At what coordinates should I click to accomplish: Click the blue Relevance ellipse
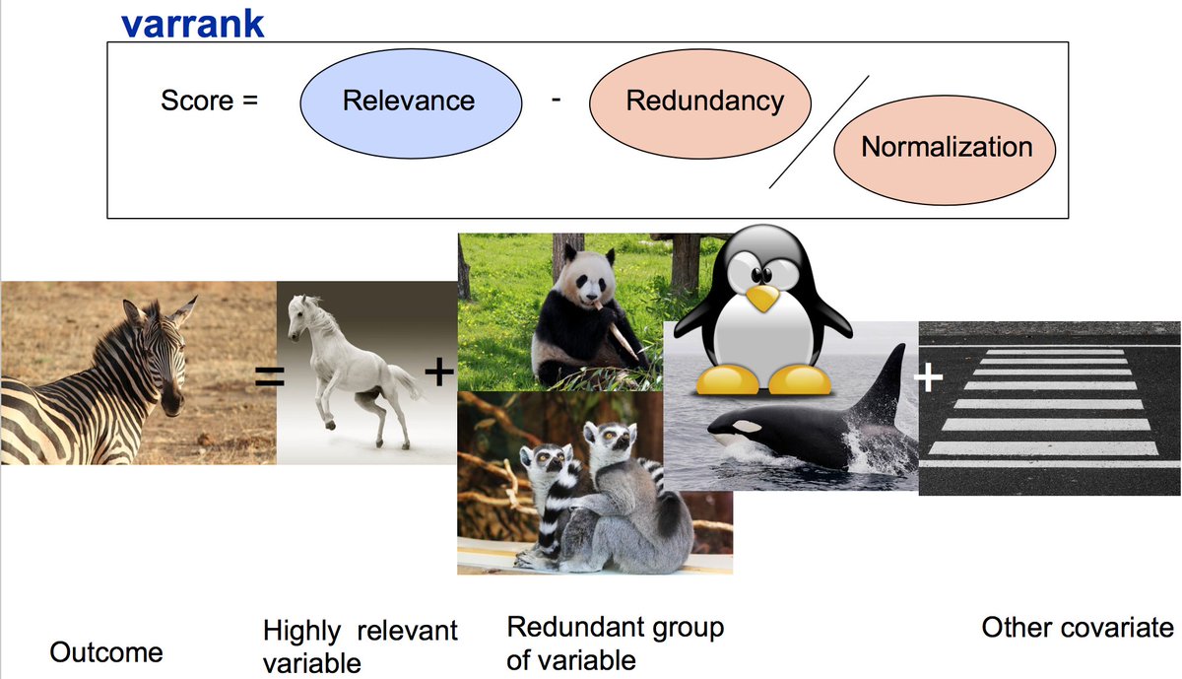[409, 101]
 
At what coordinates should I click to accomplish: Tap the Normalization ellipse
[946, 148]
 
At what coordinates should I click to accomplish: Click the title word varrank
[192, 24]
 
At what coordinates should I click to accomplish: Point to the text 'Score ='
[209, 101]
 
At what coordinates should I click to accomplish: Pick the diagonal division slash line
[820, 130]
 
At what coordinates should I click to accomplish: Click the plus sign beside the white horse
[438, 372]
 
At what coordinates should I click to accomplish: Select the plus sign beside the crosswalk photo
[928, 377]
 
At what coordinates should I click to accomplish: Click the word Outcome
[106, 651]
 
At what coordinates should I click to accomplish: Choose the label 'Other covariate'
[1078, 628]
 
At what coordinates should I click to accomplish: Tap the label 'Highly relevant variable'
[360, 645]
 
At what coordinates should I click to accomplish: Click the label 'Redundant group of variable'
[615, 643]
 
